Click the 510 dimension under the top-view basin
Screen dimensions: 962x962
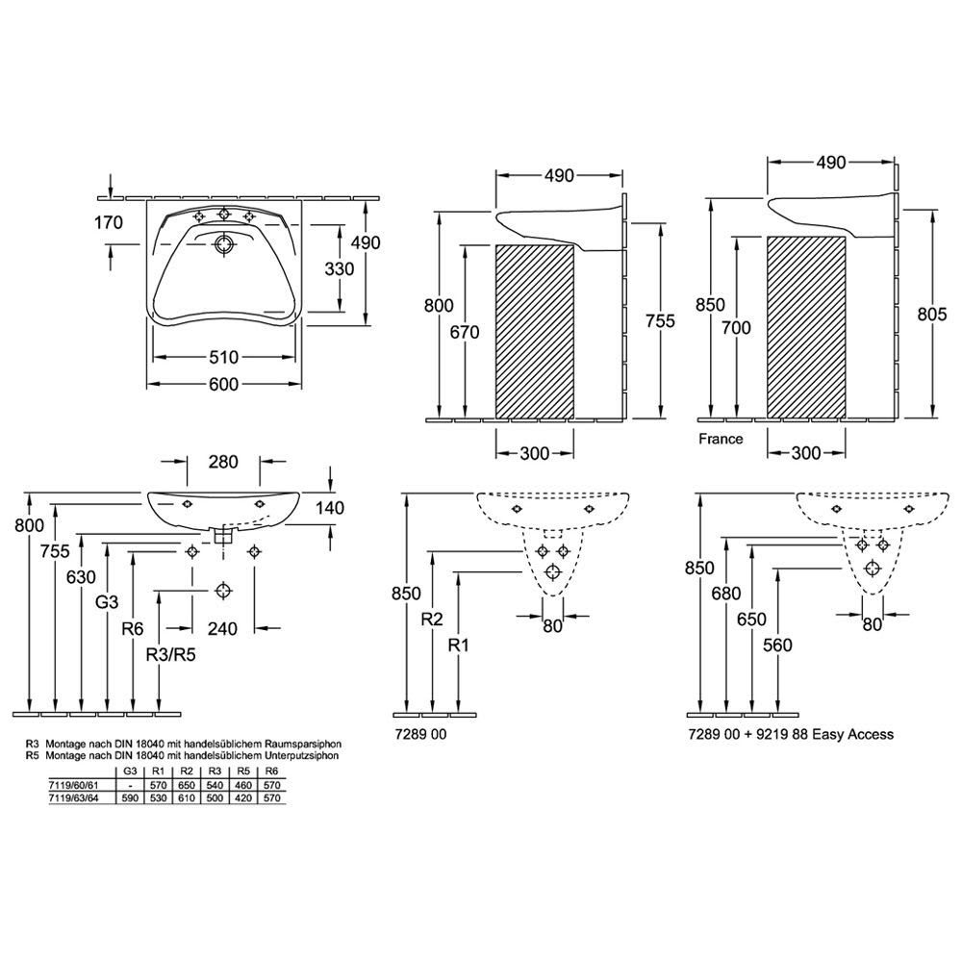coord(223,357)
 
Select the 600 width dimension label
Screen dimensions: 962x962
coord(223,385)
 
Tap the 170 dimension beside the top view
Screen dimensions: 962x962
coord(109,222)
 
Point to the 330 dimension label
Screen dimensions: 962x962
coord(340,268)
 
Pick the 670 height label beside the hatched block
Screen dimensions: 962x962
coord(465,333)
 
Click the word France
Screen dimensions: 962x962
coord(721,439)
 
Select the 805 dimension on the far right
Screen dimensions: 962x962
coord(932,315)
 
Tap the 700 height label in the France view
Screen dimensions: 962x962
coord(736,328)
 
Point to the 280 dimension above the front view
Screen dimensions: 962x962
coord(223,462)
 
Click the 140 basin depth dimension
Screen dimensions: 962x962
coord(330,508)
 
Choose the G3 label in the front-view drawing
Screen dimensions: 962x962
coord(107,602)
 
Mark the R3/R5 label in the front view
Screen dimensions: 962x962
coord(170,655)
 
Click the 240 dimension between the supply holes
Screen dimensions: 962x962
coord(222,628)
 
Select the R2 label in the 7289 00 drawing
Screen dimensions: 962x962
coord(432,619)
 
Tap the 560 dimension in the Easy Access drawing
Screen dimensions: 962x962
coord(778,645)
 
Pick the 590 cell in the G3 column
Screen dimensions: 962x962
coord(130,798)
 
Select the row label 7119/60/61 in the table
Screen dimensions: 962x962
coord(73,785)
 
